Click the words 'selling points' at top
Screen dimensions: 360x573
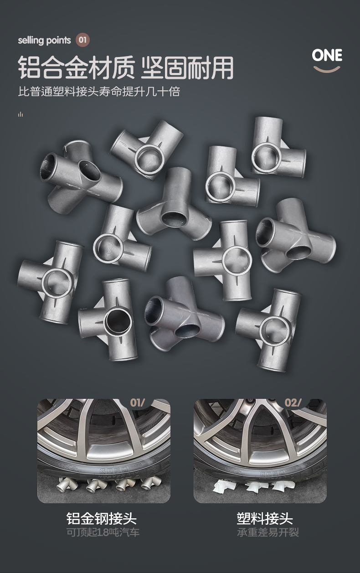point(44,41)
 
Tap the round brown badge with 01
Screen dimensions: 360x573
point(82,40)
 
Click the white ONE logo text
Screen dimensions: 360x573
point(327,56)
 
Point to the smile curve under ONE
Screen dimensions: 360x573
point(327,69)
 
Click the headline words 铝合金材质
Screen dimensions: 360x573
point(76,68)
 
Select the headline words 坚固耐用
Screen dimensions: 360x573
point(187,68)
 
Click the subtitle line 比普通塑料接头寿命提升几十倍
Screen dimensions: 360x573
point(99,91)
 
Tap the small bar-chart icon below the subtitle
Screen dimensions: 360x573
point(21,114)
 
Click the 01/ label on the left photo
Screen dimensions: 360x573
point(137,403)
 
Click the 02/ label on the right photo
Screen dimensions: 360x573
point(293,403)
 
